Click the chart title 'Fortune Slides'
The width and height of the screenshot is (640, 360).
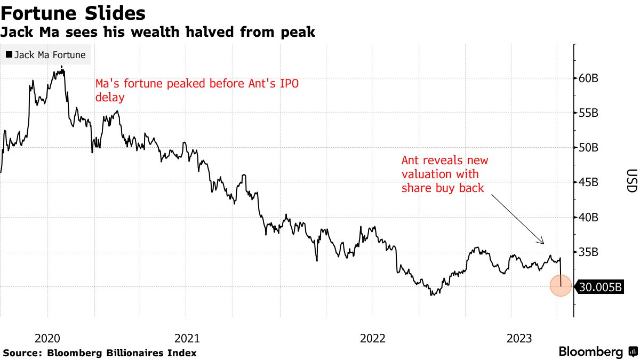coord(74,13)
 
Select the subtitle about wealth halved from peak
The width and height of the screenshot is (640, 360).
coord(157,33)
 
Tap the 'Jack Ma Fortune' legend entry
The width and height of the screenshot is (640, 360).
coord(45,54)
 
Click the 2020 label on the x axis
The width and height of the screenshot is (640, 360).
coord(47,338)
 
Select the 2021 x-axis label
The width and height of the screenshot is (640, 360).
coord(187,338)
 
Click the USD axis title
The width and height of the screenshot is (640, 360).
coord(631,181)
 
